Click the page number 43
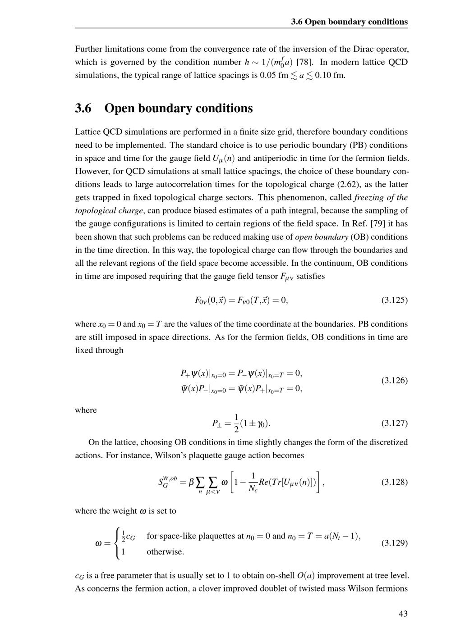403,614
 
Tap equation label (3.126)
394,381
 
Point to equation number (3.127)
394,423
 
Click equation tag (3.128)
394,482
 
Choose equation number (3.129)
394,543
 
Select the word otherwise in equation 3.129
165,552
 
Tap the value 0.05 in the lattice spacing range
269,75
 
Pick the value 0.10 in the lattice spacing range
324,75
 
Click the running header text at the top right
349,22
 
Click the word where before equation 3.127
86,410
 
